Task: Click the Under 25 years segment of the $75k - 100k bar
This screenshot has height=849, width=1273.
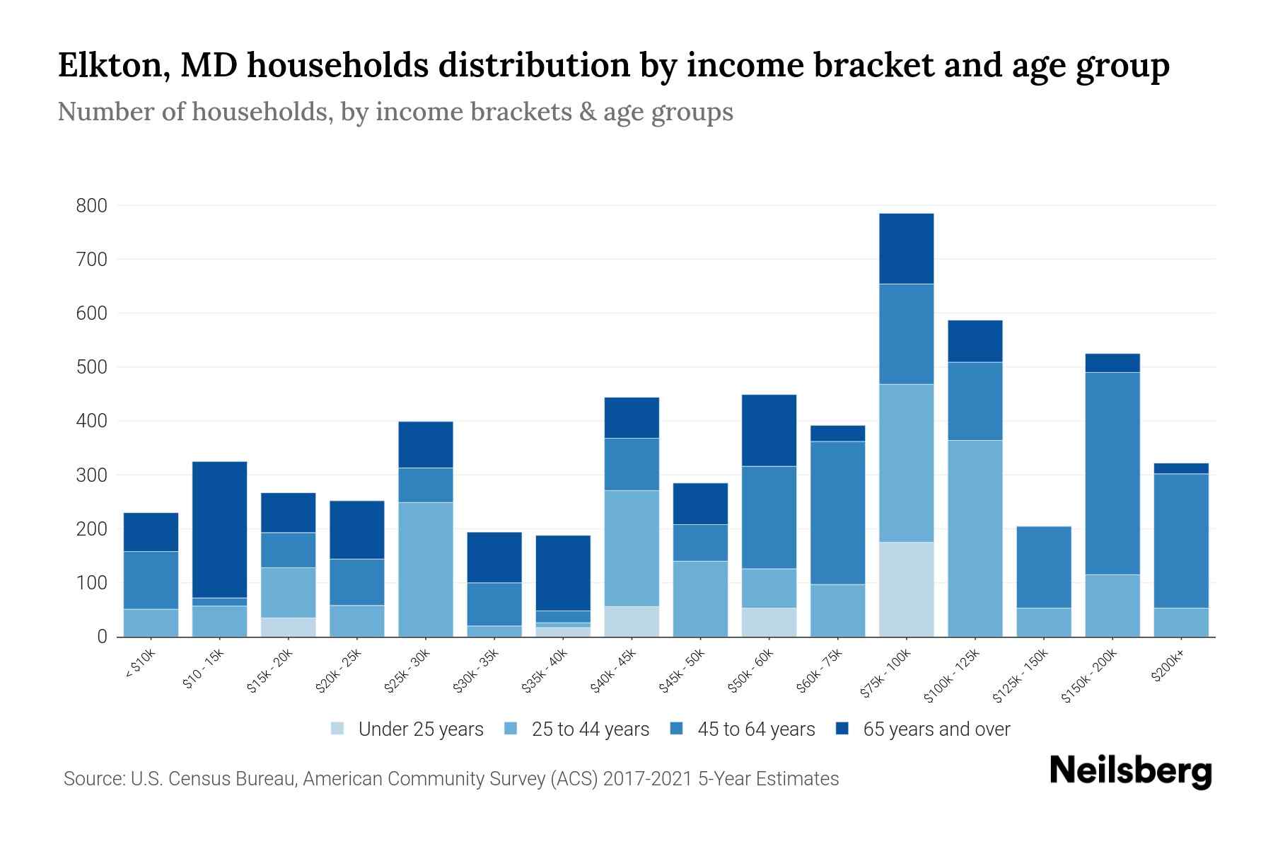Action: [x=906, y=589]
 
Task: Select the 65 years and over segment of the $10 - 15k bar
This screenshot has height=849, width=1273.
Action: [x=220, y=529]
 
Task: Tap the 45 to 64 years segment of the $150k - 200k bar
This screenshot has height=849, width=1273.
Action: [x=1112, y=473]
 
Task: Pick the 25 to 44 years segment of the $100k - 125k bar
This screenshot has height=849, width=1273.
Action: [x=975, y=538]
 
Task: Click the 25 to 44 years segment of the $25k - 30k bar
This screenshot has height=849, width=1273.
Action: [x=426, y=570]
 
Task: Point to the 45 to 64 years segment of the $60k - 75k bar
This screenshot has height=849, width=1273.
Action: [x=837, y=513]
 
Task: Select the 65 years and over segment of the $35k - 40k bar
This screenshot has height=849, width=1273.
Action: [x=563, y=573]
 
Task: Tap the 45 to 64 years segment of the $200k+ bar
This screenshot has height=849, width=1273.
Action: [x=1181, y=541]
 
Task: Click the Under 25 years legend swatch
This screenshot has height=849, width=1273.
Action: [x=337, y=729]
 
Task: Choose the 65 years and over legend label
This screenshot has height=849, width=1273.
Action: [x=936, y=729]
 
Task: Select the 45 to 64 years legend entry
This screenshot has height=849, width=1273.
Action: [x=743, y=729]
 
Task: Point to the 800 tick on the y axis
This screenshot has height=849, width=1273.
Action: [x=92, y=206]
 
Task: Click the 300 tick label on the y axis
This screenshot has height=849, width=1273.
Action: [x=92, y=475]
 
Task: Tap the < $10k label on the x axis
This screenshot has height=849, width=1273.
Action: [x=141, y=664]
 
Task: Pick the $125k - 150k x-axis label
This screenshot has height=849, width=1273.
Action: [x=1021, y=676]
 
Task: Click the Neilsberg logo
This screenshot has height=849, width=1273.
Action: [x=1130, y=772]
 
